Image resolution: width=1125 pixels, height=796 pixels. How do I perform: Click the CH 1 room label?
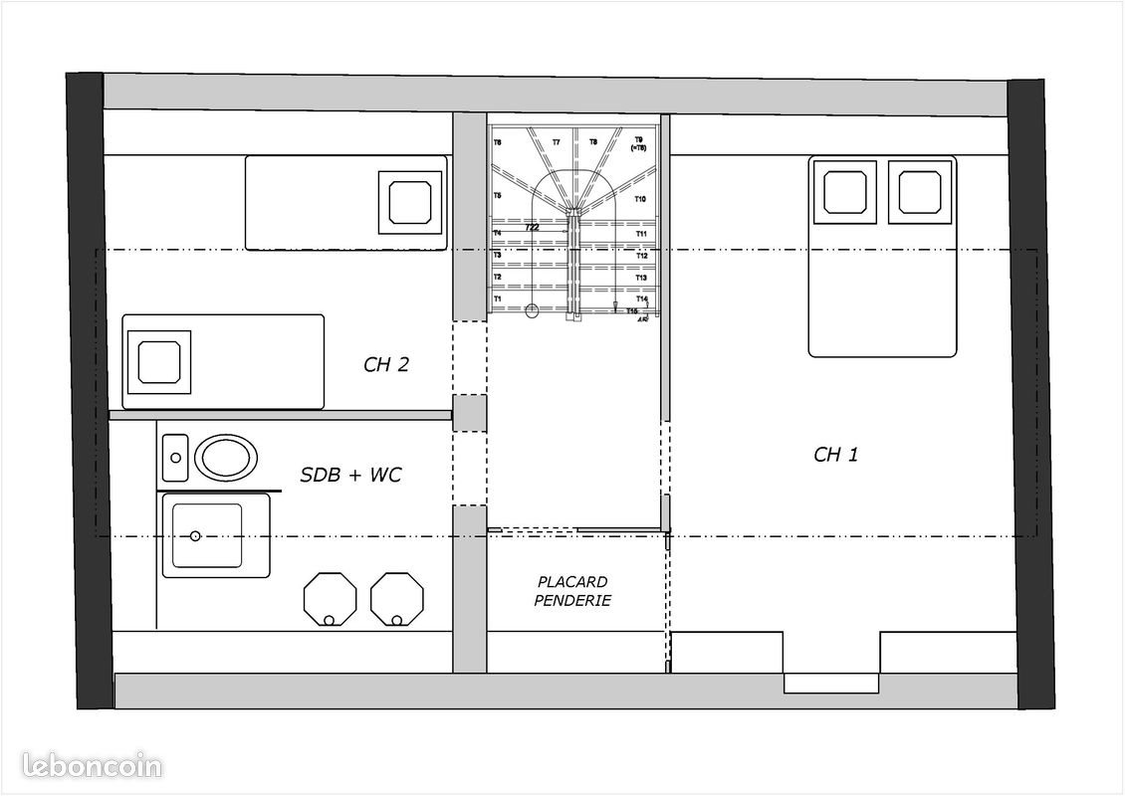(x=835, y=455)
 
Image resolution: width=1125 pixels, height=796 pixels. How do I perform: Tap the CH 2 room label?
(x=386, y=364)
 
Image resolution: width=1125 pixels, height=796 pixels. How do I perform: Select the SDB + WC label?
(x=350, y=476)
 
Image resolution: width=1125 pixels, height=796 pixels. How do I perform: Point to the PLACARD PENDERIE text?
(x=572, y=591)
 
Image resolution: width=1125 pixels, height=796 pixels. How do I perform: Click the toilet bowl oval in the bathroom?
(x=226, y=458)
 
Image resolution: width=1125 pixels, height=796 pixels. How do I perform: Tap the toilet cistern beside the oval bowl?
(x=175, y=458)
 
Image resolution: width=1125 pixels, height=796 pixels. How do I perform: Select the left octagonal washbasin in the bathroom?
(x=330, y=599)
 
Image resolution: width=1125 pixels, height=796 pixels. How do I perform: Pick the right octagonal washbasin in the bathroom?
(x=397, y=599)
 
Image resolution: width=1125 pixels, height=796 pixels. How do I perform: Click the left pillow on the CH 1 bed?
(x=845, y=192)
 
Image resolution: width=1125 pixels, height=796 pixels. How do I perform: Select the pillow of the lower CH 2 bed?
(x=158, y=360)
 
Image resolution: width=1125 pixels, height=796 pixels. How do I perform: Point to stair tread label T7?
(x=556, y=143)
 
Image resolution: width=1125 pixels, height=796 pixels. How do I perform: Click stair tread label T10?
(x=641, y=200)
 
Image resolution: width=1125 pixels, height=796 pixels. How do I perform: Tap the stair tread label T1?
(x=497, y=298)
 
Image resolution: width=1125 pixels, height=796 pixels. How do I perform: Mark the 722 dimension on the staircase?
(x=533, y=228)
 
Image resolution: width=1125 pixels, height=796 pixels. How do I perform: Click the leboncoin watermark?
(x=82, y=767)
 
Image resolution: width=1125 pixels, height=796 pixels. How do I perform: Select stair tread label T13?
(x=642, y=278)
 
